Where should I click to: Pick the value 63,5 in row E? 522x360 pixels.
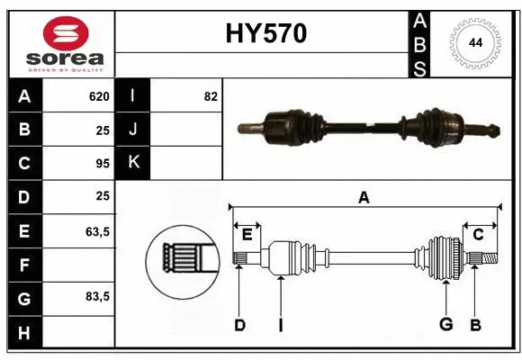97,231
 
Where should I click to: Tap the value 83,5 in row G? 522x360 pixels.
97,296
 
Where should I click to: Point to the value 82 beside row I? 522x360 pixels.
211,96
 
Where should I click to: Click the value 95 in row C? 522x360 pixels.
102,163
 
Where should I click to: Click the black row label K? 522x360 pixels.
132,163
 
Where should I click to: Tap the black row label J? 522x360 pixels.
132,130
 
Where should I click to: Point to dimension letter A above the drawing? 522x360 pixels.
364,198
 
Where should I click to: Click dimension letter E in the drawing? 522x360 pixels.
247,235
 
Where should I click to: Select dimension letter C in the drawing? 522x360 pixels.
478,235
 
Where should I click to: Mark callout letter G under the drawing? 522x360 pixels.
445,325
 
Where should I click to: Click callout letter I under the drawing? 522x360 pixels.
280,325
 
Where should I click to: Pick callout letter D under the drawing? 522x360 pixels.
239,325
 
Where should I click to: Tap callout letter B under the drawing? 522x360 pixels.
476,325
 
